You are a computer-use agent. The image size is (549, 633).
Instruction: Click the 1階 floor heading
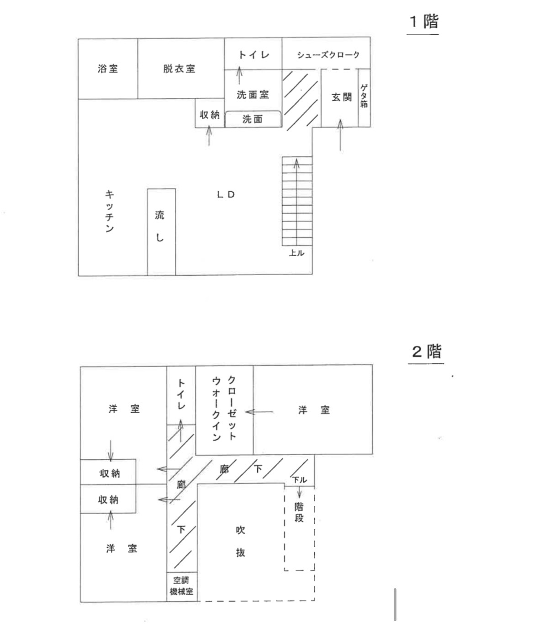pos(423,21)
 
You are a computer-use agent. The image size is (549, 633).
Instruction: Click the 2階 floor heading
pos(426,351)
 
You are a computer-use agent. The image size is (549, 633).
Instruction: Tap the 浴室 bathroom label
pos(108,69)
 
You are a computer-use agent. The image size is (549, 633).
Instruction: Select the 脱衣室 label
pos(179,69)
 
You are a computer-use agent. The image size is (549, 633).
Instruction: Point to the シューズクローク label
pos(328,55)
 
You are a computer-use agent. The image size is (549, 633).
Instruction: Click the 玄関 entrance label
pos(342,97)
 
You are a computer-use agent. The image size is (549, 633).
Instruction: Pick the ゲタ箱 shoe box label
pos(364,96)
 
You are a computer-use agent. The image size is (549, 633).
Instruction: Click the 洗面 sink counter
pos(253,119)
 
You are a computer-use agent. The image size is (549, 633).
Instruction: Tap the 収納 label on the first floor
pos(210,115)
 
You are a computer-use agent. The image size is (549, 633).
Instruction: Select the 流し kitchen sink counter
pos(160,226)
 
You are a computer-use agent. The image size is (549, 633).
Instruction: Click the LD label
pos(226,194)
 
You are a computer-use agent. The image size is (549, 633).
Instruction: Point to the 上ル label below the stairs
pos(296,253)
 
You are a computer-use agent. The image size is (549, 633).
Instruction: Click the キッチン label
pos(110,211)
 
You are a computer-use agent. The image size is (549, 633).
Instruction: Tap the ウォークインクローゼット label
pos(224,408)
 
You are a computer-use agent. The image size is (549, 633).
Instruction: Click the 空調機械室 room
pos(181,585)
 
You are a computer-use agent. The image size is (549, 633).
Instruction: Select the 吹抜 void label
pos(241,541)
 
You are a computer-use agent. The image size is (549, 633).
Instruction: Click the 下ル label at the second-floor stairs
pos(300,480)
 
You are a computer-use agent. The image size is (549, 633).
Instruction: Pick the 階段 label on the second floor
pos(299,512)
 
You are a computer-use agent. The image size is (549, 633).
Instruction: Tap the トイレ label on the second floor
pos(181,394)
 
